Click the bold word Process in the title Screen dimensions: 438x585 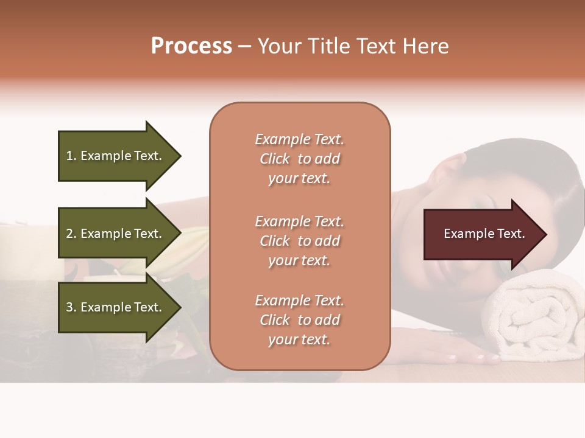(191, 46)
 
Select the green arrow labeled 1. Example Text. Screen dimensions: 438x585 (114, 156)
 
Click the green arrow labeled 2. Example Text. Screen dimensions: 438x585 (114, 234)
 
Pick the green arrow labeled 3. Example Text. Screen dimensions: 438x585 (114, 307)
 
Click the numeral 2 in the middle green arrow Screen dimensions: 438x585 (69, 234)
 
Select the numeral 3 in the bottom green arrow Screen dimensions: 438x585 (69, 307)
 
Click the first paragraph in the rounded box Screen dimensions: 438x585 (299, 159)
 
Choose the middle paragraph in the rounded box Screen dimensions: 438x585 (299, 241)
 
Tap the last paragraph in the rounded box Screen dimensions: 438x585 (299, 320)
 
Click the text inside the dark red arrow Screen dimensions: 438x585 (484, 234)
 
